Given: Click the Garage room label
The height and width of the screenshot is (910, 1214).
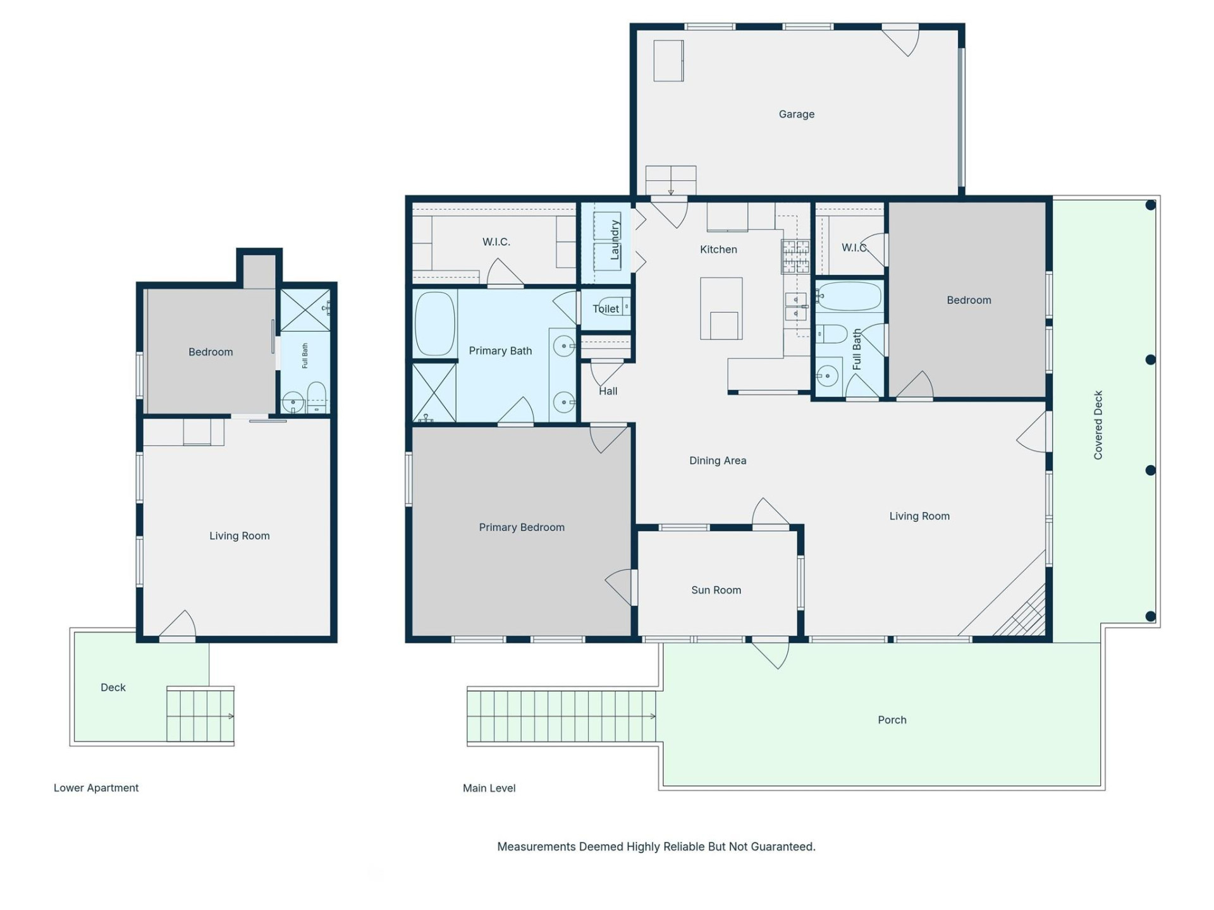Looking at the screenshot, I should pyautogui.click(x=796, y=114).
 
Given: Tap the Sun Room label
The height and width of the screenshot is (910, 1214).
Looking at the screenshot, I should pyautogui.click(x=716, y=590).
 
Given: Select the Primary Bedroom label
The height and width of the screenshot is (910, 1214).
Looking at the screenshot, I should pyautogui.click(x=522, y=528).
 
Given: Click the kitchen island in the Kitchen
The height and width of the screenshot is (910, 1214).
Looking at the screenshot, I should pyautogui.click(x=721, y=308).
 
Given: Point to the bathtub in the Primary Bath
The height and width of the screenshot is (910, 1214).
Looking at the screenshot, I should pyautogui.click(x=435, y=324).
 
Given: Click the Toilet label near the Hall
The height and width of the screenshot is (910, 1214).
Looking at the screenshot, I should pyautogui.click(x=605, y=309).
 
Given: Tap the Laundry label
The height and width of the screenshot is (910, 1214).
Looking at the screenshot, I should pyautogui.click(x=614, y=240).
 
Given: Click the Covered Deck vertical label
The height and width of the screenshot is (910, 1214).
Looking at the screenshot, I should pyautogui.click(x=1098, y=425).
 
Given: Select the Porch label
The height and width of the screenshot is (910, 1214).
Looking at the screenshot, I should pyautogui.click(x=892, y=720).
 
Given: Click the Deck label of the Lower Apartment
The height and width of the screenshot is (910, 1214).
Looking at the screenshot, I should pyautogui.click(x=113, y=688).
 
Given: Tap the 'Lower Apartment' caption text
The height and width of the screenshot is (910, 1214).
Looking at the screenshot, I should pyautogui.click(x=96, y=788).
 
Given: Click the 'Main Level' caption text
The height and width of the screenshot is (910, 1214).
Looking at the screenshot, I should pyautogui.click(x=489, y=788).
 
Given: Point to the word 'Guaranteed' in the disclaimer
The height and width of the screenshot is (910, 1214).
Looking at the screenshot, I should pyautogui.click(x=782, y=847).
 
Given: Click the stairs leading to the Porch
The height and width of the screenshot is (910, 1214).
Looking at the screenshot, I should pyautogui.click(x=561, y=716).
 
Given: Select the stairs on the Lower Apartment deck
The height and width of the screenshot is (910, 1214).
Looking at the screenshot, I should pyautogui.click(x=200, y=716).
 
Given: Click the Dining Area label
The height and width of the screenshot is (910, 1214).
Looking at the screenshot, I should pyautogui.click(x=718, y=461).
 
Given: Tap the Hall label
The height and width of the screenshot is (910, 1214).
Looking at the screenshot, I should pyautogui.click(x=608, y=391).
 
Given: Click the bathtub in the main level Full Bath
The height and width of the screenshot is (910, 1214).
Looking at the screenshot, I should pyautogui.click(x=849, y=296).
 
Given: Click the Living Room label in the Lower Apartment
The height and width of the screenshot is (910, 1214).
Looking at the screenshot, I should pyautogui.click(x=240, y=536).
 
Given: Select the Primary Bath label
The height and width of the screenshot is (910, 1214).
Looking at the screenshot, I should pyautogui.click(x=500, y=351).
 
